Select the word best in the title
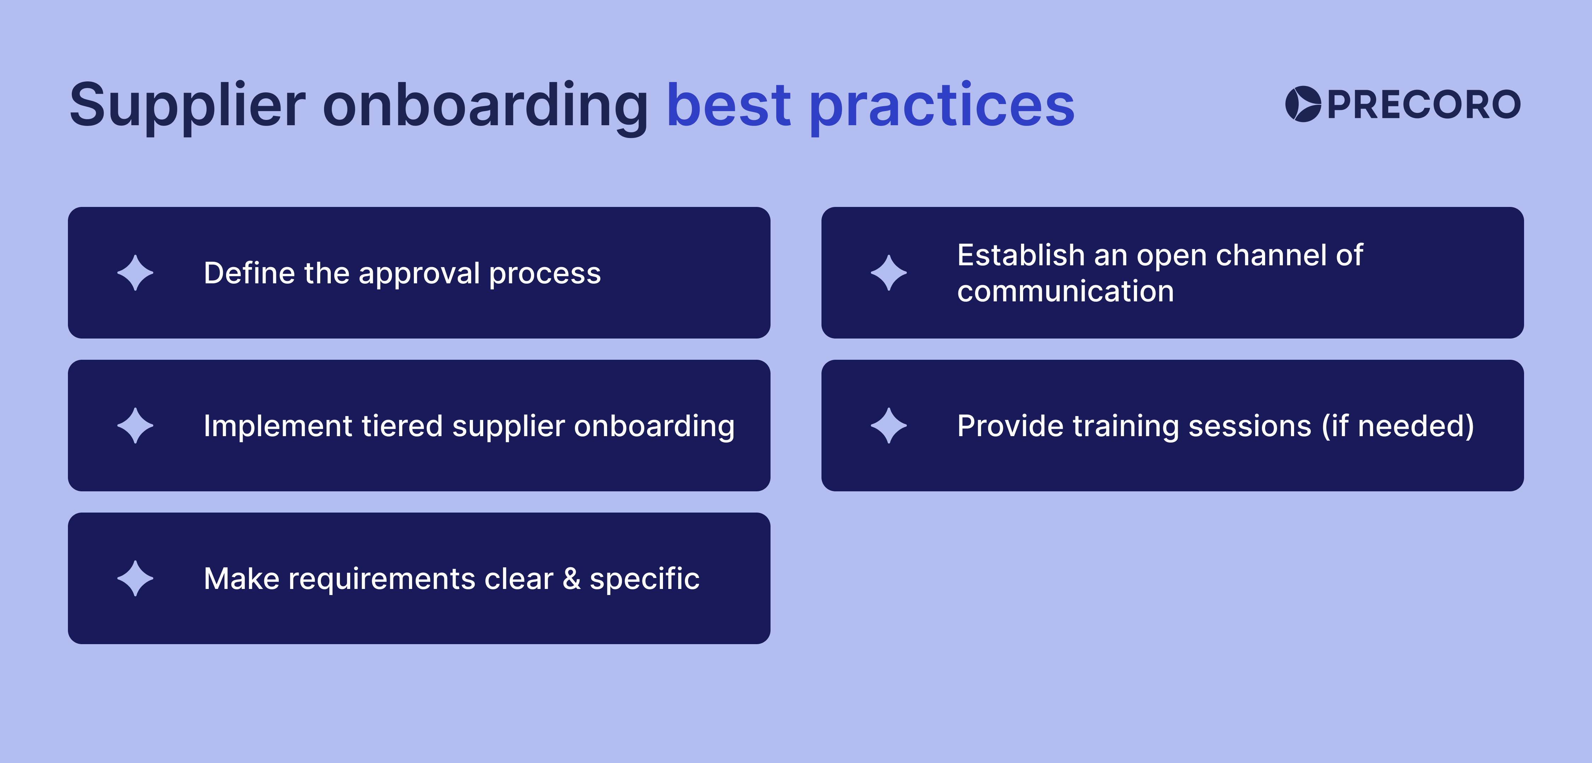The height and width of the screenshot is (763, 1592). point(729,105)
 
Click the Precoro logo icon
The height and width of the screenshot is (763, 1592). point(1303,104)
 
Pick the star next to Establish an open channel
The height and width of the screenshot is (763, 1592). point(889,272)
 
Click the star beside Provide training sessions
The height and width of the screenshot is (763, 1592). point(889,426)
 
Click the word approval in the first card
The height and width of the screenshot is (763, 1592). point(419,274)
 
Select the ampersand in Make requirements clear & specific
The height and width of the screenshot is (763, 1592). point(572,579)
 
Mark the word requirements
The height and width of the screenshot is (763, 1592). point(381,579)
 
